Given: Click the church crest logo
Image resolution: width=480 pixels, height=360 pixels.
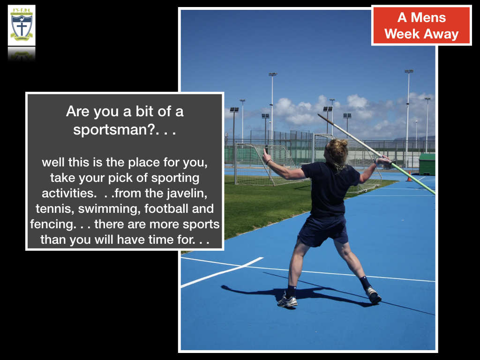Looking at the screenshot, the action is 22,25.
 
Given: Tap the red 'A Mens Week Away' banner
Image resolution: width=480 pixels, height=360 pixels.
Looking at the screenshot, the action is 421,25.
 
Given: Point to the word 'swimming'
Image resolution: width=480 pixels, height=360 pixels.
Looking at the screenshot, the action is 109,209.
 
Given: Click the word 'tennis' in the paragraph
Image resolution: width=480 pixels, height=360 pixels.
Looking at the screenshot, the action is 54,209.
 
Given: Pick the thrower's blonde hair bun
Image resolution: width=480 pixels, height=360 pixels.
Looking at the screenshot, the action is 343,142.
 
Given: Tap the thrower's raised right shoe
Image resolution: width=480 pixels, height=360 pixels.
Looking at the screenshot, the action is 373,295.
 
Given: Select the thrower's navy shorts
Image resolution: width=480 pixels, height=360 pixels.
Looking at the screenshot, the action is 323,230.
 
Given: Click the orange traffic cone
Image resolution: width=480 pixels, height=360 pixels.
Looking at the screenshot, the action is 409,176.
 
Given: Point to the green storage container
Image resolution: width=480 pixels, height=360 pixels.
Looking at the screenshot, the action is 427,165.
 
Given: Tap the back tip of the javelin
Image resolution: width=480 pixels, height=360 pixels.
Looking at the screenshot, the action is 318,115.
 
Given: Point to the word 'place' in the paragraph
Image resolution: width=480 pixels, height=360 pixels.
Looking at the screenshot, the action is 144,163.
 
